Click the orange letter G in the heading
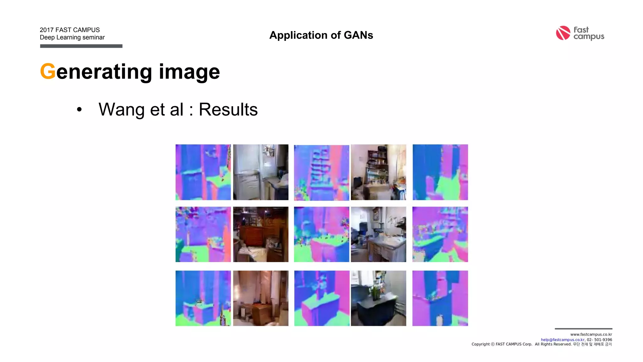48,72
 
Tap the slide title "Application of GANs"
321,35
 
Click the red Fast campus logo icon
563,33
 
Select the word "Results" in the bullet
228,109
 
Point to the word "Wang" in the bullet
122,110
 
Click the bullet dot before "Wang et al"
79,110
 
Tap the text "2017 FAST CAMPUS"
70,30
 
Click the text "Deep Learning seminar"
72,37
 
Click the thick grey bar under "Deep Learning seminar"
81,46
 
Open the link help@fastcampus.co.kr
562,340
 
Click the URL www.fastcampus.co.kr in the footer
591,334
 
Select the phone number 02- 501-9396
599,340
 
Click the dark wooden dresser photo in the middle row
261,234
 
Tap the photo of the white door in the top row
261,172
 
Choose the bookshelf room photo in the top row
378,172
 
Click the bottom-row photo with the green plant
378,298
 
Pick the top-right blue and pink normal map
440,172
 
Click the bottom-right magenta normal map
440,298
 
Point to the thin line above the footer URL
583,329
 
